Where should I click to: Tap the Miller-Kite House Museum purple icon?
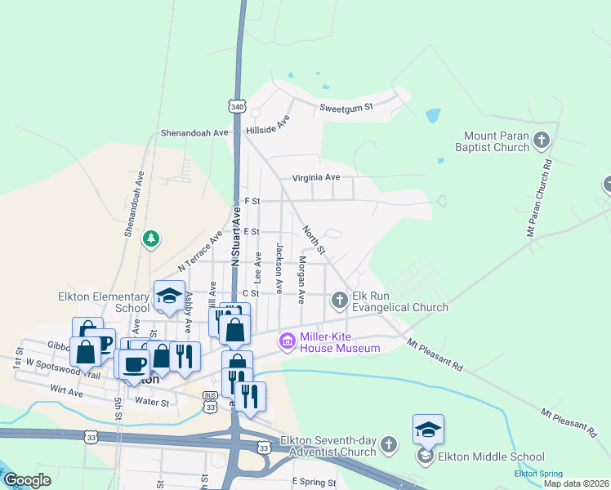pos(287,341)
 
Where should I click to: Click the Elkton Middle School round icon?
pos(426,457)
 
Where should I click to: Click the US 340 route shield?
pos(237,107)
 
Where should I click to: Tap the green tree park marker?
pos(150,239)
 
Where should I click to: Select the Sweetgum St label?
pos(346,107)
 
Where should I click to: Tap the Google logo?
pos(27,480)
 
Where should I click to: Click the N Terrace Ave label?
pos(201,249)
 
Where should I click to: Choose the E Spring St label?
pos(313,483)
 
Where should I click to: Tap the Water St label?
pos(152,402)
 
